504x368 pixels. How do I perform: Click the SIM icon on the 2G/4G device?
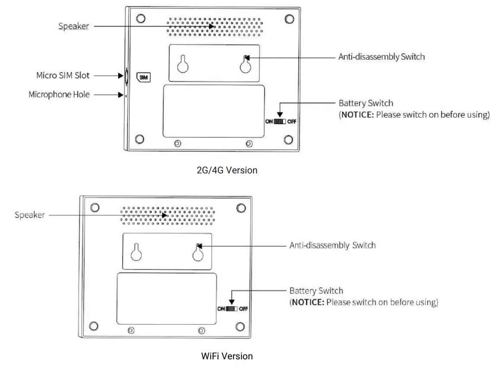pos(143,77)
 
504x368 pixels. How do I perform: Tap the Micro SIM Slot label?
pos(63,76)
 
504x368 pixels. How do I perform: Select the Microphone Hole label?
pos(59,94)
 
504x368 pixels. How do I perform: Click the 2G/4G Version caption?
pos(227,170)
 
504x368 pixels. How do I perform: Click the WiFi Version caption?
pos(227,356)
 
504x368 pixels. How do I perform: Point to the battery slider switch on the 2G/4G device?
pos(280,122)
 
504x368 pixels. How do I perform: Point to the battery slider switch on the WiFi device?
pos(232,309)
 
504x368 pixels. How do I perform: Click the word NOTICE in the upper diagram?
pos(357,115)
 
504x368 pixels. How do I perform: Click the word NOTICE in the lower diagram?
pos(308,302)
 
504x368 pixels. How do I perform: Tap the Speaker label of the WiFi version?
pos(29,215)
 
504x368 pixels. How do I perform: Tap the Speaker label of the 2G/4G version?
pos(73,26)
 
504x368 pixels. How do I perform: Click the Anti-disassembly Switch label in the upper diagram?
pos(381,57)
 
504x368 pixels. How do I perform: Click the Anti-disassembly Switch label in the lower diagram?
pos(332,245)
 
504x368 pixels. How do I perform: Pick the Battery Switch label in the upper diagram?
pos(366,103)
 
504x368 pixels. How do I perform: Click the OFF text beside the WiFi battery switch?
pos(243,309)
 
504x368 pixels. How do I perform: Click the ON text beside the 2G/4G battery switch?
pos(269,122)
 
